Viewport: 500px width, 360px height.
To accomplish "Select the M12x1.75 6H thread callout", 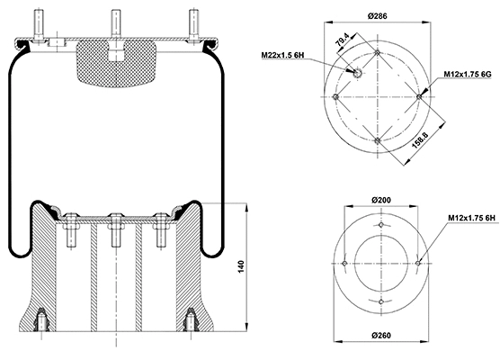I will click(469, 219).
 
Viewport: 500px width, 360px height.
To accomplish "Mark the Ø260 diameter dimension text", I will click(380, 337).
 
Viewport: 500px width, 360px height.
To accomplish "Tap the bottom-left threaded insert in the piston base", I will click(41, 321).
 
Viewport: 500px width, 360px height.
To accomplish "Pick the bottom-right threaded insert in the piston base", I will click(190, 321).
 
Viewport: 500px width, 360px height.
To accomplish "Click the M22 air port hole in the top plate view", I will click(356, 75).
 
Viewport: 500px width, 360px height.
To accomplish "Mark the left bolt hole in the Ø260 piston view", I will click(345, 263).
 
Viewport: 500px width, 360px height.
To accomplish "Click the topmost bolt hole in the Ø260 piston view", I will click(381, 226).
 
